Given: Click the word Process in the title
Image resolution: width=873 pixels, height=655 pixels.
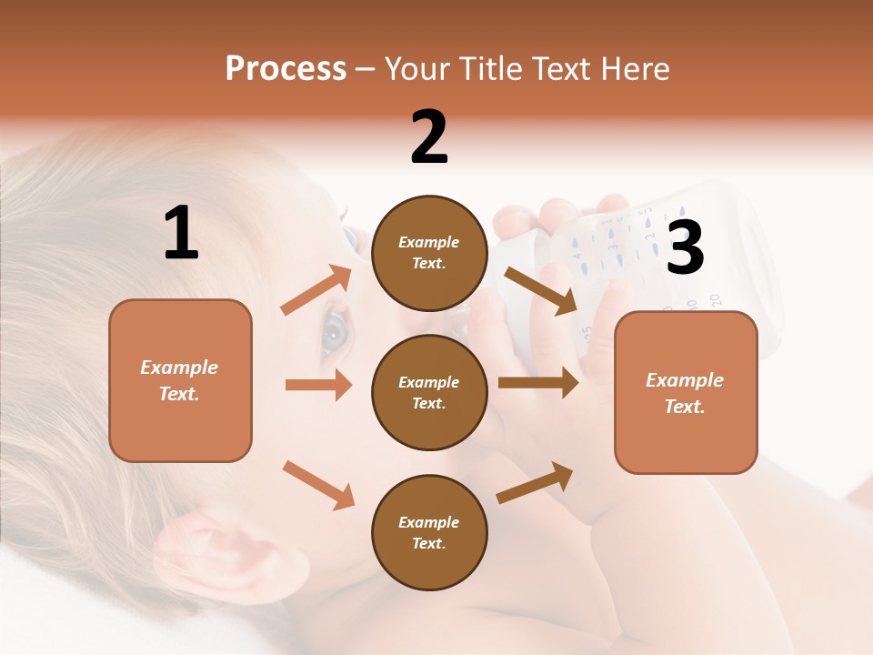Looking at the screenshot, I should pyautogui.click(x=286, y=69).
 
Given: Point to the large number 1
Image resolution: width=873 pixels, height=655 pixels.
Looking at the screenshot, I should pyautogui.click(x=181, y=234).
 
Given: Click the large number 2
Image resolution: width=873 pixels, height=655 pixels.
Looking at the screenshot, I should pyautogui.click(x=429, y=137).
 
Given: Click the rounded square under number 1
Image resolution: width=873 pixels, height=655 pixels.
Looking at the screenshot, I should pyautogui.click(x=180, y=380).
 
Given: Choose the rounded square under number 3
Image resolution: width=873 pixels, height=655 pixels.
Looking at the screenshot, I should pyautogui.click(x=686, y=392).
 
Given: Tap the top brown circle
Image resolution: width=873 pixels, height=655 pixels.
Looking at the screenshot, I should pyautogui.click(x=429, y=253).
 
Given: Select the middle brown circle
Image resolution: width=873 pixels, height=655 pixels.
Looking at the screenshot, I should pyautogui.click(x=429, y=392).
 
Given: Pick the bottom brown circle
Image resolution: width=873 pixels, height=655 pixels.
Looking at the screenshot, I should pyautogui.click(x=429, y=532).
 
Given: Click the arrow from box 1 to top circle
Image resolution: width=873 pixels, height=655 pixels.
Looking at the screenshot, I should pyautogui.click(x=316, y=290).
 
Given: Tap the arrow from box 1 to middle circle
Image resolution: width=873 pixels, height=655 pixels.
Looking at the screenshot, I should pyautogui.click(x=318, y=385).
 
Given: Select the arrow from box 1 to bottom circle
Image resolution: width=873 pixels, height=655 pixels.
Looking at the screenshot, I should pyautogui.click(x=318, y=485).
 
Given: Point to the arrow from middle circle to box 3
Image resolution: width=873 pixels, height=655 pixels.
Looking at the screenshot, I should pyautogui.click(x=537, y=383).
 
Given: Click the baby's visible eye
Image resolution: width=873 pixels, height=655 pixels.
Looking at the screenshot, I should pyautogui.click(x=335, y=333).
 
